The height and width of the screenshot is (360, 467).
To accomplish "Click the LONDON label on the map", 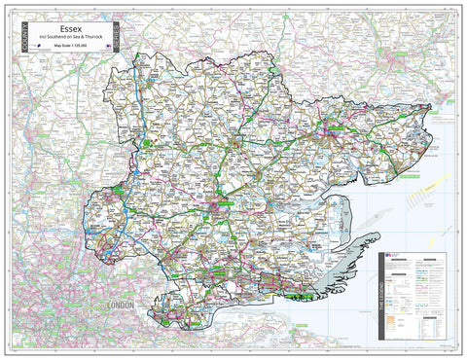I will coord(122,306).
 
